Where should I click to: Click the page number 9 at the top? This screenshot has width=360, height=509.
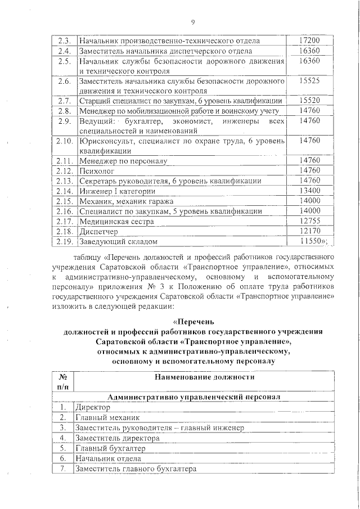point(192,22)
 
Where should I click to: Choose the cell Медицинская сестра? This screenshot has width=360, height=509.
point(116,221)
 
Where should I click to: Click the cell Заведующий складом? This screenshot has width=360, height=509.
point(118,242)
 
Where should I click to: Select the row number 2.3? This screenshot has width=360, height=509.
point(64,40)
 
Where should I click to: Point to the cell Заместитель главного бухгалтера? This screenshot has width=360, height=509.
point(135,469)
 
